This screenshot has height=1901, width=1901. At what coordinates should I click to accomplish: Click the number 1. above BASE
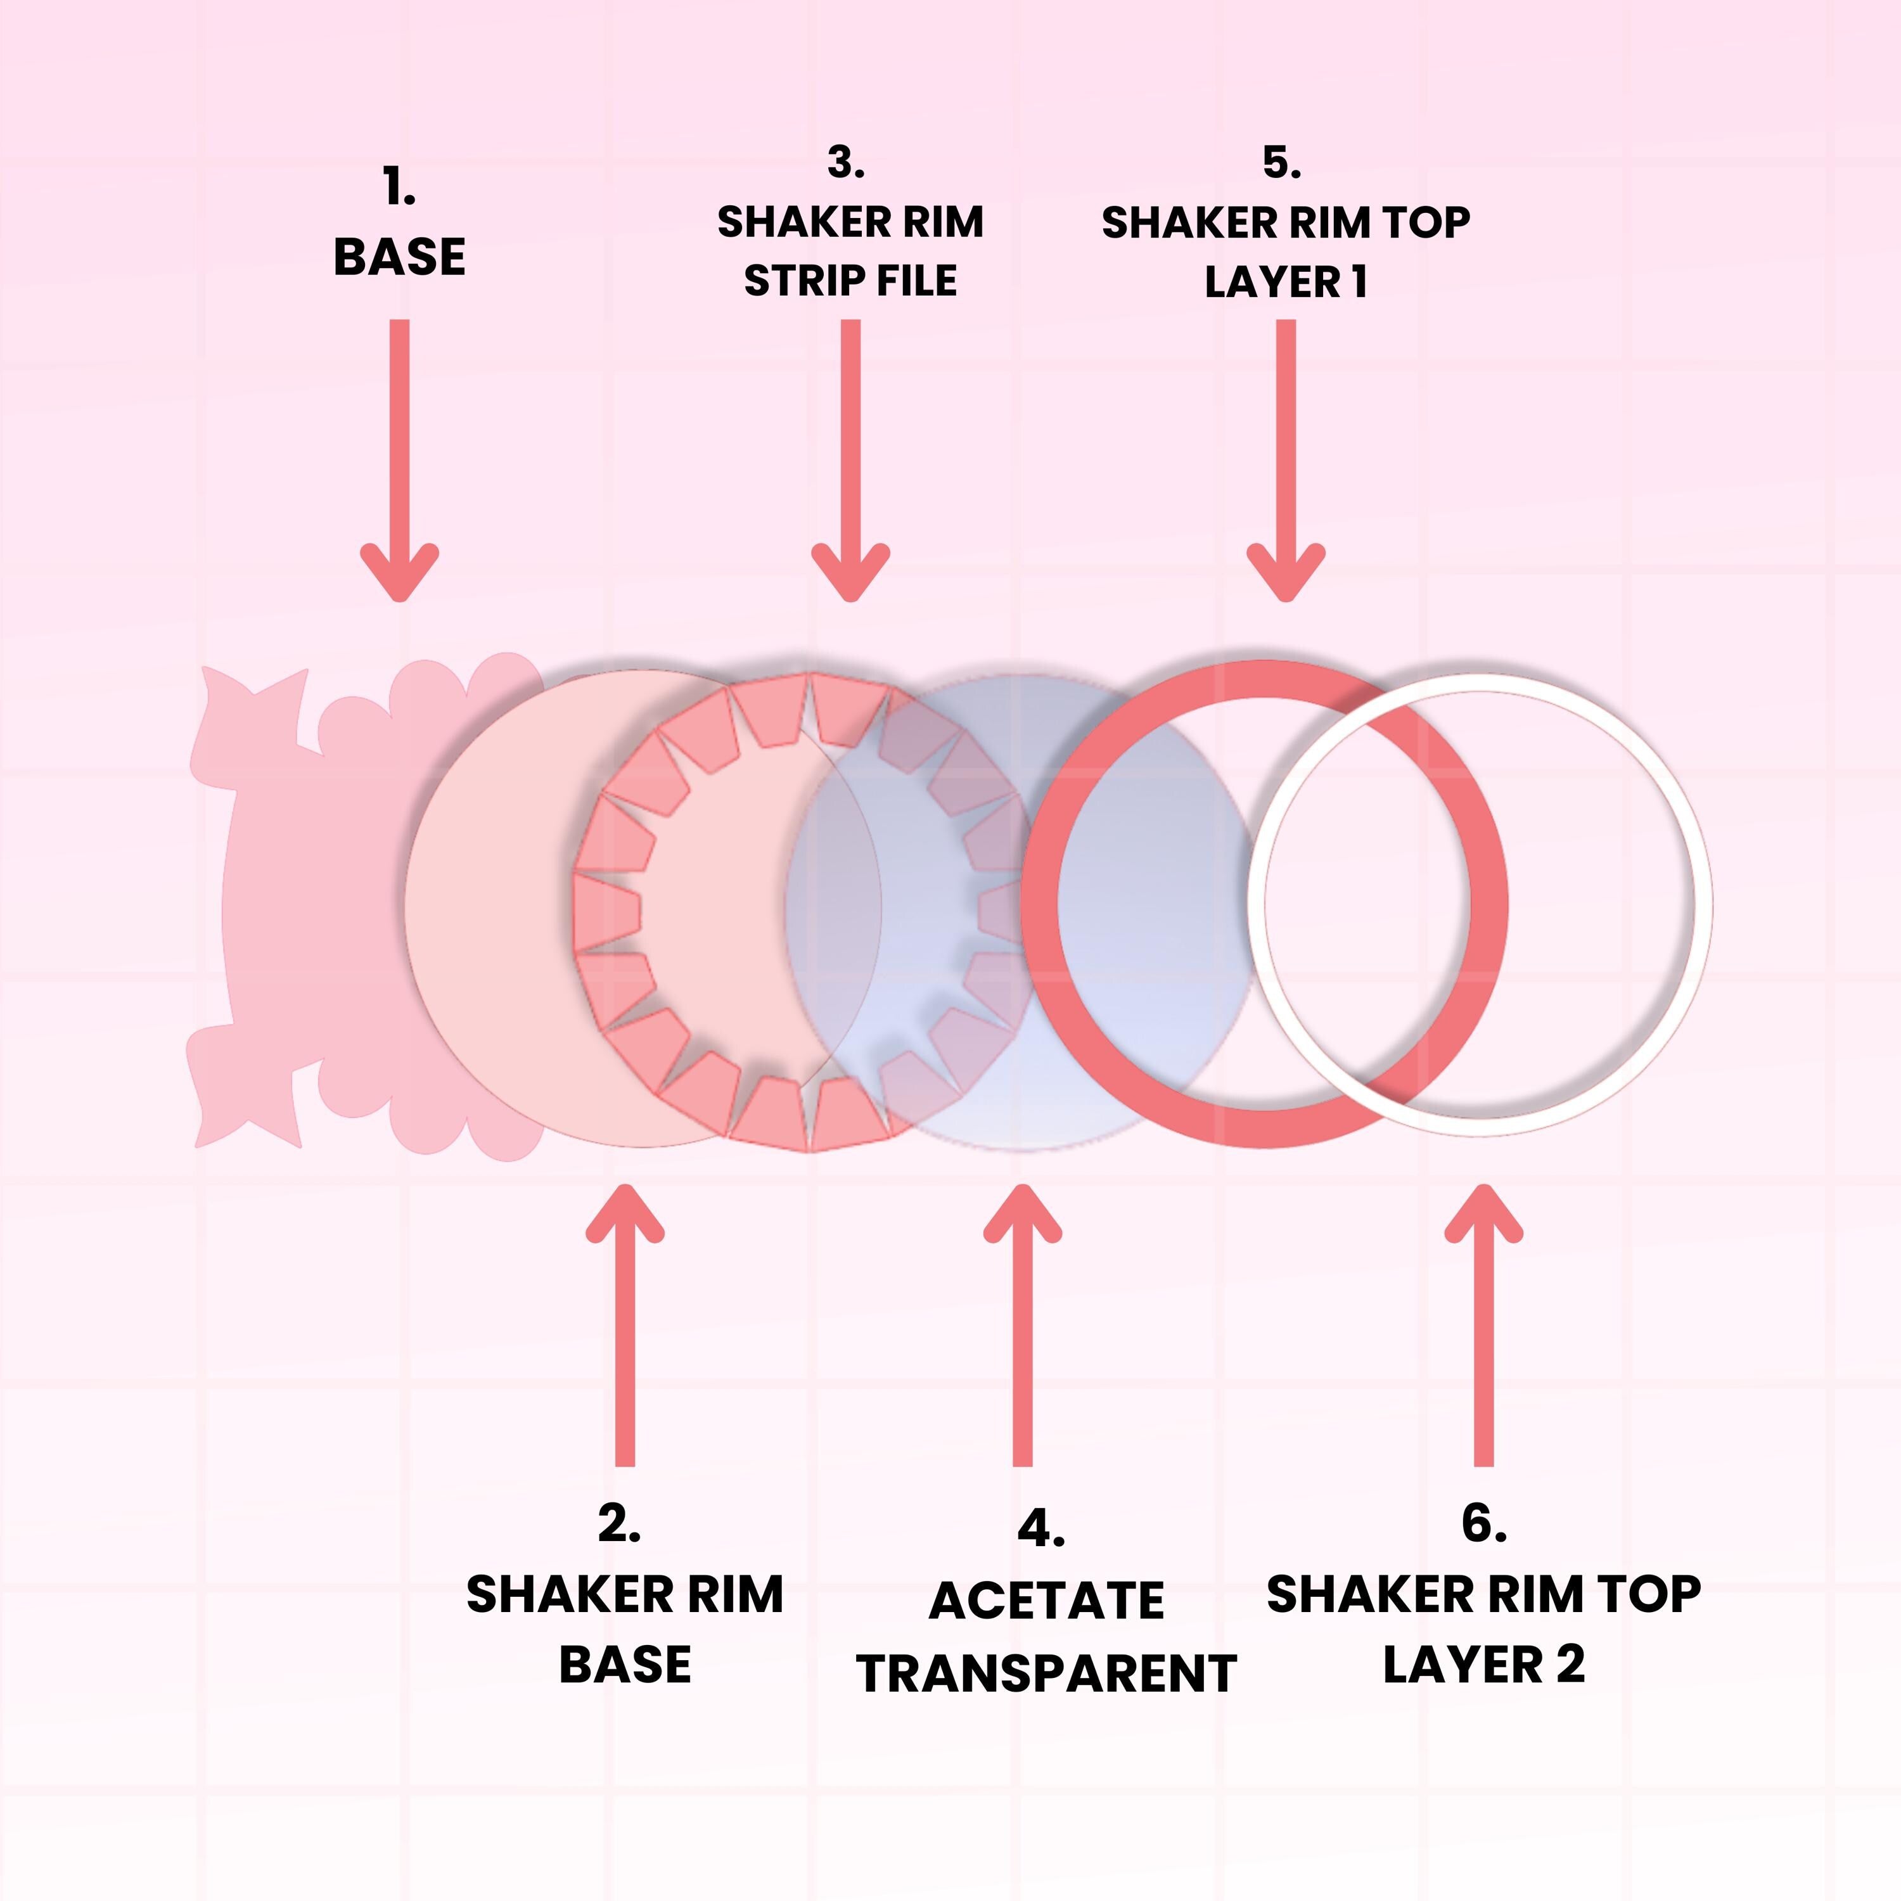pyautogui.click(x=399, y=188)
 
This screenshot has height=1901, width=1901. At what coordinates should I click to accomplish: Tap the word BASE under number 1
pyautogui.click(x=399, y=258)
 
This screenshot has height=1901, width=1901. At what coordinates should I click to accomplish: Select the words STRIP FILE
pyautogui.click(x=850, y=281)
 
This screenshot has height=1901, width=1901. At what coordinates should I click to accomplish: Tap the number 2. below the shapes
pyautogui.click(x=620, y=1524)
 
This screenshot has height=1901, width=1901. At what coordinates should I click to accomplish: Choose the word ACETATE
pyautogui.click(x=1046, y=1601)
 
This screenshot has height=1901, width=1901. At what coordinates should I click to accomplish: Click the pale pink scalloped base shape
pyautogui.click(x=295, y=906)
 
